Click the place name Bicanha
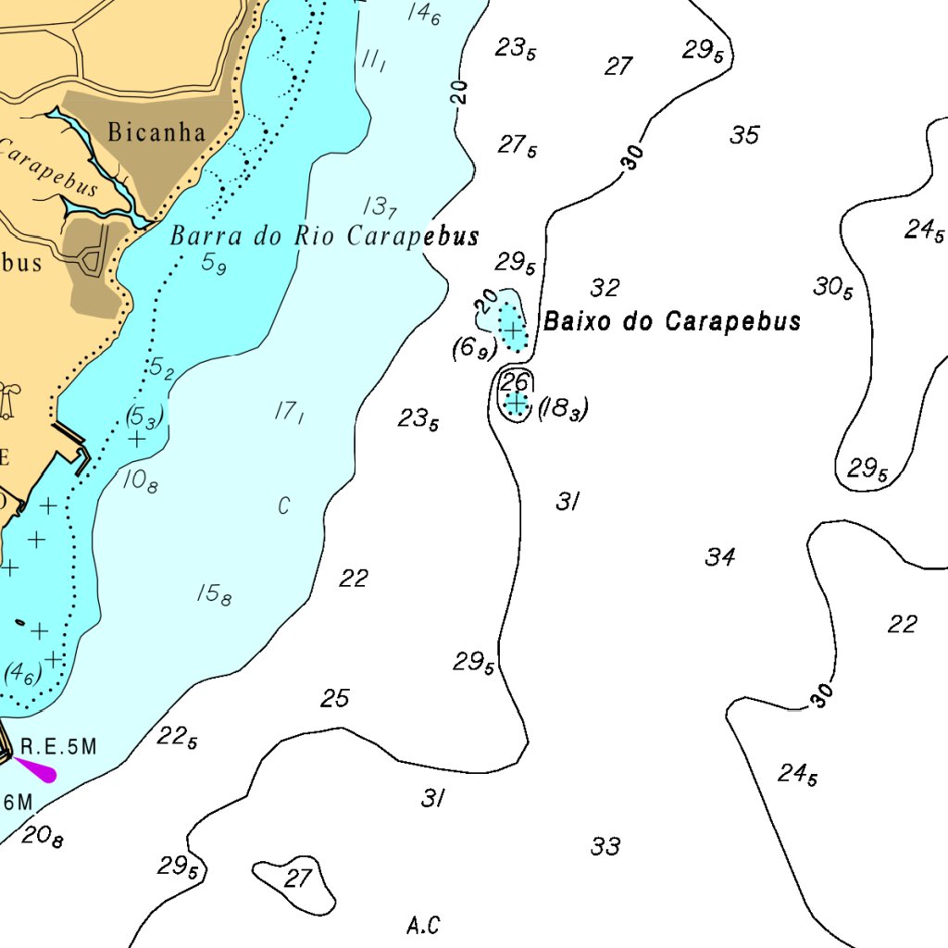tap(156, 131)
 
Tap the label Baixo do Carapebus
tap(672, 321)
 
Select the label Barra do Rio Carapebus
tap(324, 236)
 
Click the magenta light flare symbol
tap(35, 769)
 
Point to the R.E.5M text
tap(58, 746)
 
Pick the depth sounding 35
tap(744, 136)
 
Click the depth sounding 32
tap(605, 288)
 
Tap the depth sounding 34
tap(720, 556)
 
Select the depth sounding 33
tap(605, 846)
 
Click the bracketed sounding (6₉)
tap(474, 349)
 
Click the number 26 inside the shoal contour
tap(515, 380)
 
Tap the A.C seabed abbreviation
tap(423, 924)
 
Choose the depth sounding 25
tap(335, 698)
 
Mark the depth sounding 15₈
tap(214, 594)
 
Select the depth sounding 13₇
tap(380, 206)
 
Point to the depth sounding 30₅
tap(833, 288)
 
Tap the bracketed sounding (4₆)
tap(23, 673)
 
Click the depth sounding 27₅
tap(518, 145)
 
